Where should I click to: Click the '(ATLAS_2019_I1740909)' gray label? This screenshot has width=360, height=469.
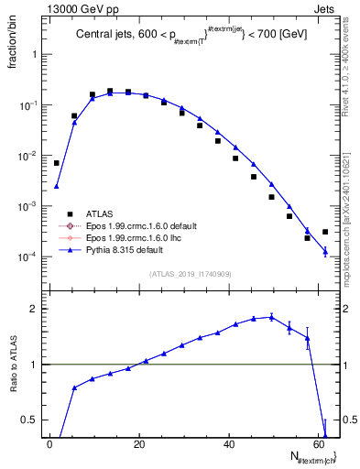click(x=190, y=274)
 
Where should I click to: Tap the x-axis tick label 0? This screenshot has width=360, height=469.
click(x=51, y=445)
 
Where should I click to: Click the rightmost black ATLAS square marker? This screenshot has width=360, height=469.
click(x=325, y=232)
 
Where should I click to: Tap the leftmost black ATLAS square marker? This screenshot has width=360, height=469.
click(x=57, y=163)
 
